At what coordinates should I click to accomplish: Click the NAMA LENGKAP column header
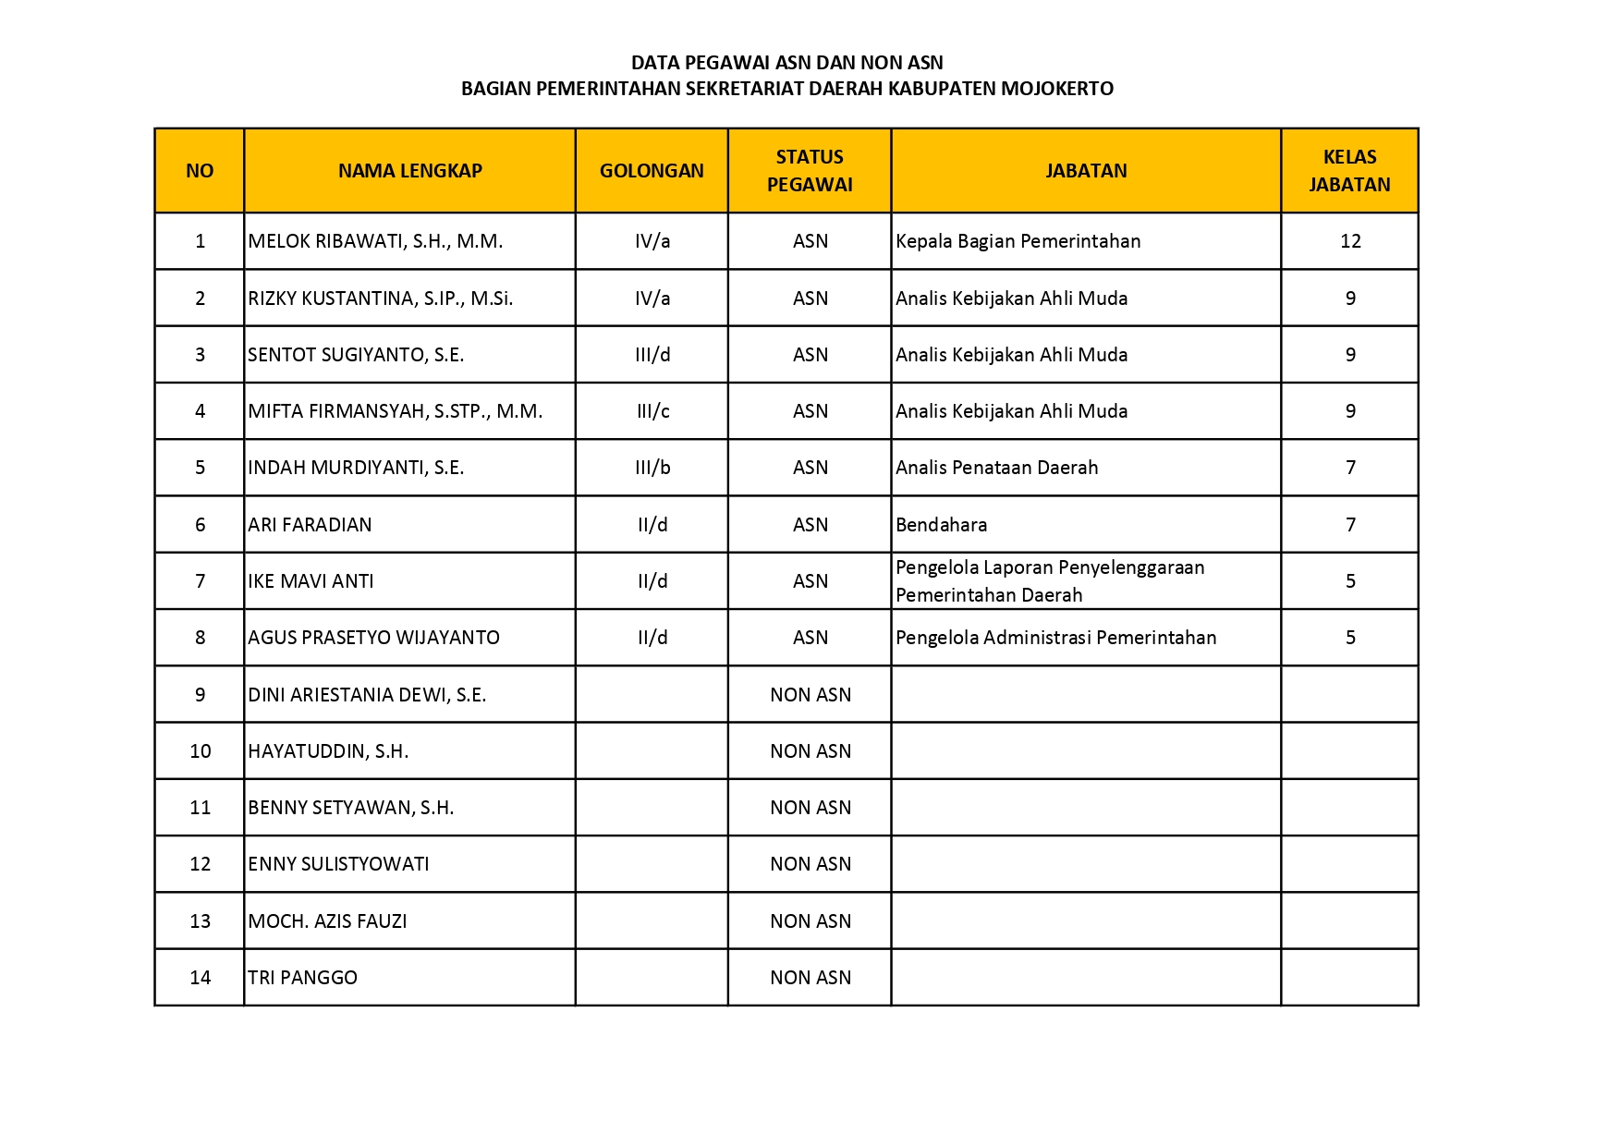(409, 171)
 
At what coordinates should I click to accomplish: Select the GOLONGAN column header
(652, 171)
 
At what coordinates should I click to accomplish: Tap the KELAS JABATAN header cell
(1349, 171)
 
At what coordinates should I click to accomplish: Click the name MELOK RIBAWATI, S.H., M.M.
(375, 241)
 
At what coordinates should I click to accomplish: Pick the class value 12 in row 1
(1350, 241)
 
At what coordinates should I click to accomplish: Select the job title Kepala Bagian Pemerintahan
(1018, 241)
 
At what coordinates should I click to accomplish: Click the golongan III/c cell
(652, 411)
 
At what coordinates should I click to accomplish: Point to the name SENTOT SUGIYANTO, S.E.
(356, 355)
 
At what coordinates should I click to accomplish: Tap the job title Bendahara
(941, 525)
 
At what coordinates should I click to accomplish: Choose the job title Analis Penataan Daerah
(996, 468)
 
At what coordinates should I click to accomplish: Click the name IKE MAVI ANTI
(311, 581)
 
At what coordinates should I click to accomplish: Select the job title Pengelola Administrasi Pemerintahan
(1055, 638)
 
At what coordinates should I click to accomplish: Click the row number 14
(200, 978)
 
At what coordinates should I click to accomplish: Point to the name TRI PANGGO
(302, 978)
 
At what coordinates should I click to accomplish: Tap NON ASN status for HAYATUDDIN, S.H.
(810, 751)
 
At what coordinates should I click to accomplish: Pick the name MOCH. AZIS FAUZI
(327, 921)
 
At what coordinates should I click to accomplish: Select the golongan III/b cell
(652, 468)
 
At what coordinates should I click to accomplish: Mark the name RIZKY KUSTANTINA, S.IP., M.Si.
(380, 299)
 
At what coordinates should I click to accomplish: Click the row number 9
(200, 695)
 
